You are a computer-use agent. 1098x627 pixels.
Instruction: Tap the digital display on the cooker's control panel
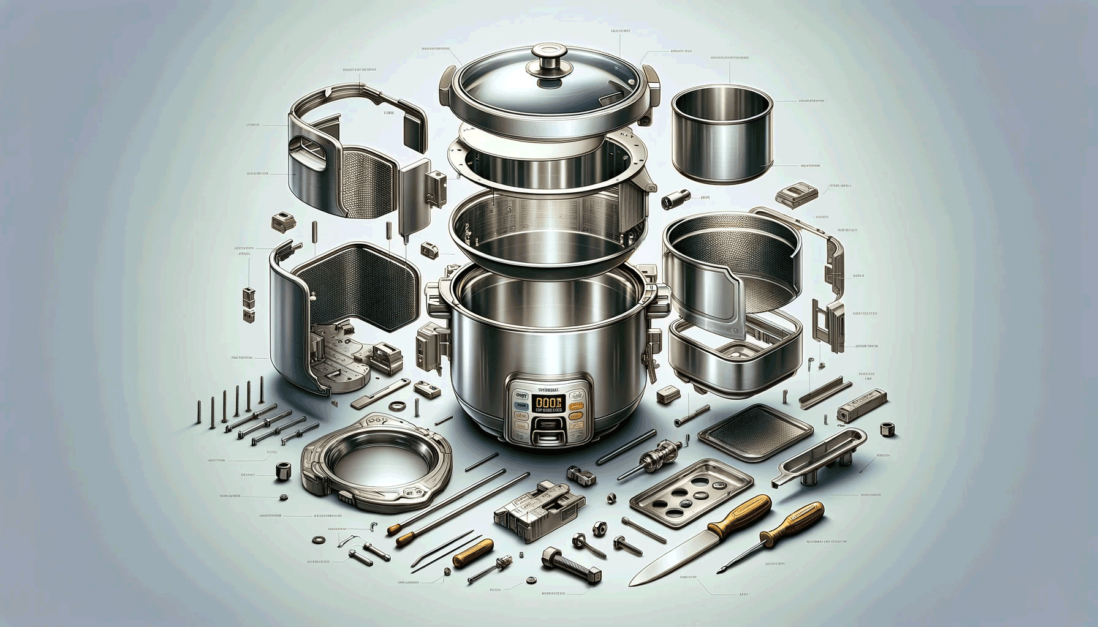pyautogui.click(x=550, y=402)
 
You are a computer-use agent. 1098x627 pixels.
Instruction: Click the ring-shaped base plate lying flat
pyautogui.click(x=376, y=462)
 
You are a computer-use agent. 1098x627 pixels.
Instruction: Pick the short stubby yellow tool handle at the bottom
pyautogui.click(x=473, y=552)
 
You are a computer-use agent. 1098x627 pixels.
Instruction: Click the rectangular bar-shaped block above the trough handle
pyautogui.click(x=861, y=404)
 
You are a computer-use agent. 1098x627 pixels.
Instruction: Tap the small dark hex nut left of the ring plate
pyautogui.click(x=284, y=471)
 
